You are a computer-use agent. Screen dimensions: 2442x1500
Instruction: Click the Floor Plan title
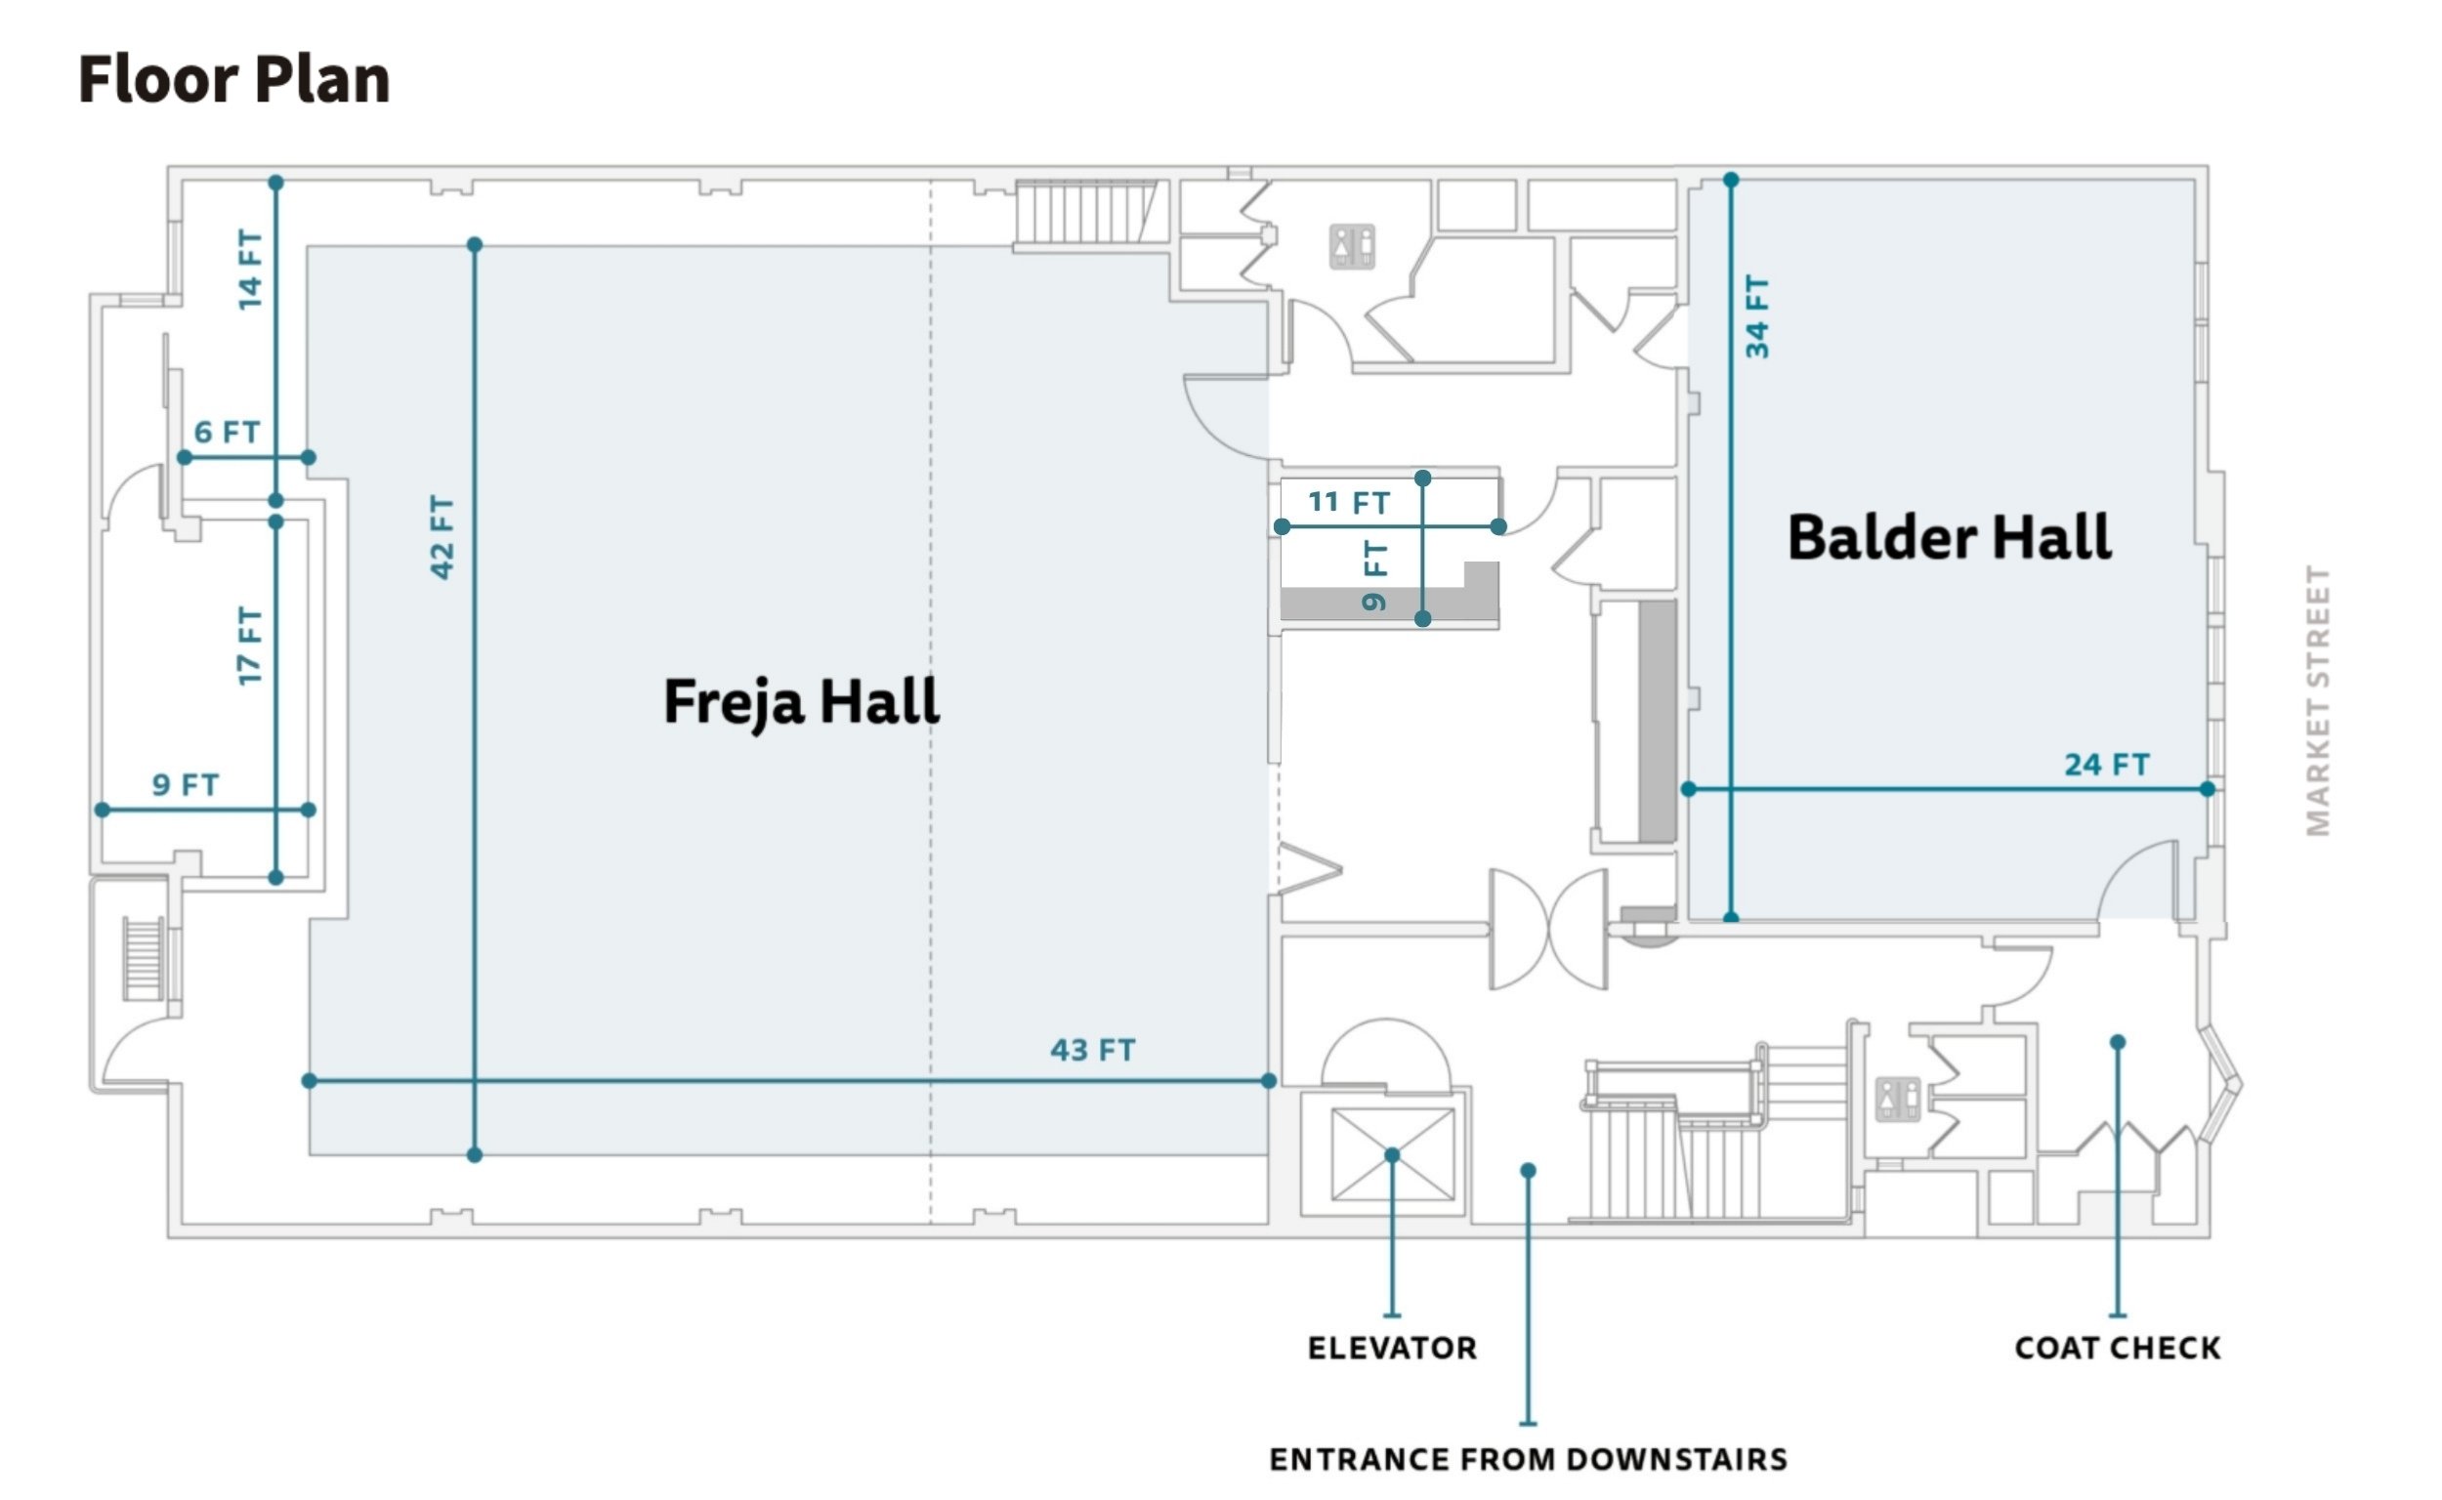234,79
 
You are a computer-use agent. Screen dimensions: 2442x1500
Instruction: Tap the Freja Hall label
801,702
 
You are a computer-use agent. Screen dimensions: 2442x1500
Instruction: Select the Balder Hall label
1949,538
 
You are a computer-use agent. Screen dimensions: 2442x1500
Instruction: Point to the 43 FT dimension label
1092,1050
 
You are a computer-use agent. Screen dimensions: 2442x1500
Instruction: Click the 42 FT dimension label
442,537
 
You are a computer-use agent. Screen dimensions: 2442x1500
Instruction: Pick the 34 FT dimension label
1756,316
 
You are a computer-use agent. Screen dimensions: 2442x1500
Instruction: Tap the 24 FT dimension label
2107,765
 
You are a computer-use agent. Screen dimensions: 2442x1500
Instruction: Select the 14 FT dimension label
250,270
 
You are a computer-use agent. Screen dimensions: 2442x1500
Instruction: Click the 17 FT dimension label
250,646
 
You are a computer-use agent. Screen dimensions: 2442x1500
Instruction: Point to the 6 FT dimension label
228,433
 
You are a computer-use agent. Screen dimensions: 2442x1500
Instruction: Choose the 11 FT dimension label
1350,502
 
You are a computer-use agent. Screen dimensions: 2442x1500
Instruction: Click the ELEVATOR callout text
1392,1349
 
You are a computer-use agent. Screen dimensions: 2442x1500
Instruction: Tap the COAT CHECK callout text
2118,1349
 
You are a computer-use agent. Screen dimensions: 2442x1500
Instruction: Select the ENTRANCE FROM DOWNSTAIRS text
1528,1459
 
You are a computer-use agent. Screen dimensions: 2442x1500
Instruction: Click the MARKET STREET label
2318,701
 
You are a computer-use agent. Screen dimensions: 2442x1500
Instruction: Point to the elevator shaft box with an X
1393,1154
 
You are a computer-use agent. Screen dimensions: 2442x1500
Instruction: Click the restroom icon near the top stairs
1353,247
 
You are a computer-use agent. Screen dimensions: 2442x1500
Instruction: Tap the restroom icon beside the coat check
1898,1101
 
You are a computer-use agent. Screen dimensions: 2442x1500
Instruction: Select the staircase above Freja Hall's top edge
1085,212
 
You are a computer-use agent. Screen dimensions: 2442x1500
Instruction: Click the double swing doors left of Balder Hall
1548,930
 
